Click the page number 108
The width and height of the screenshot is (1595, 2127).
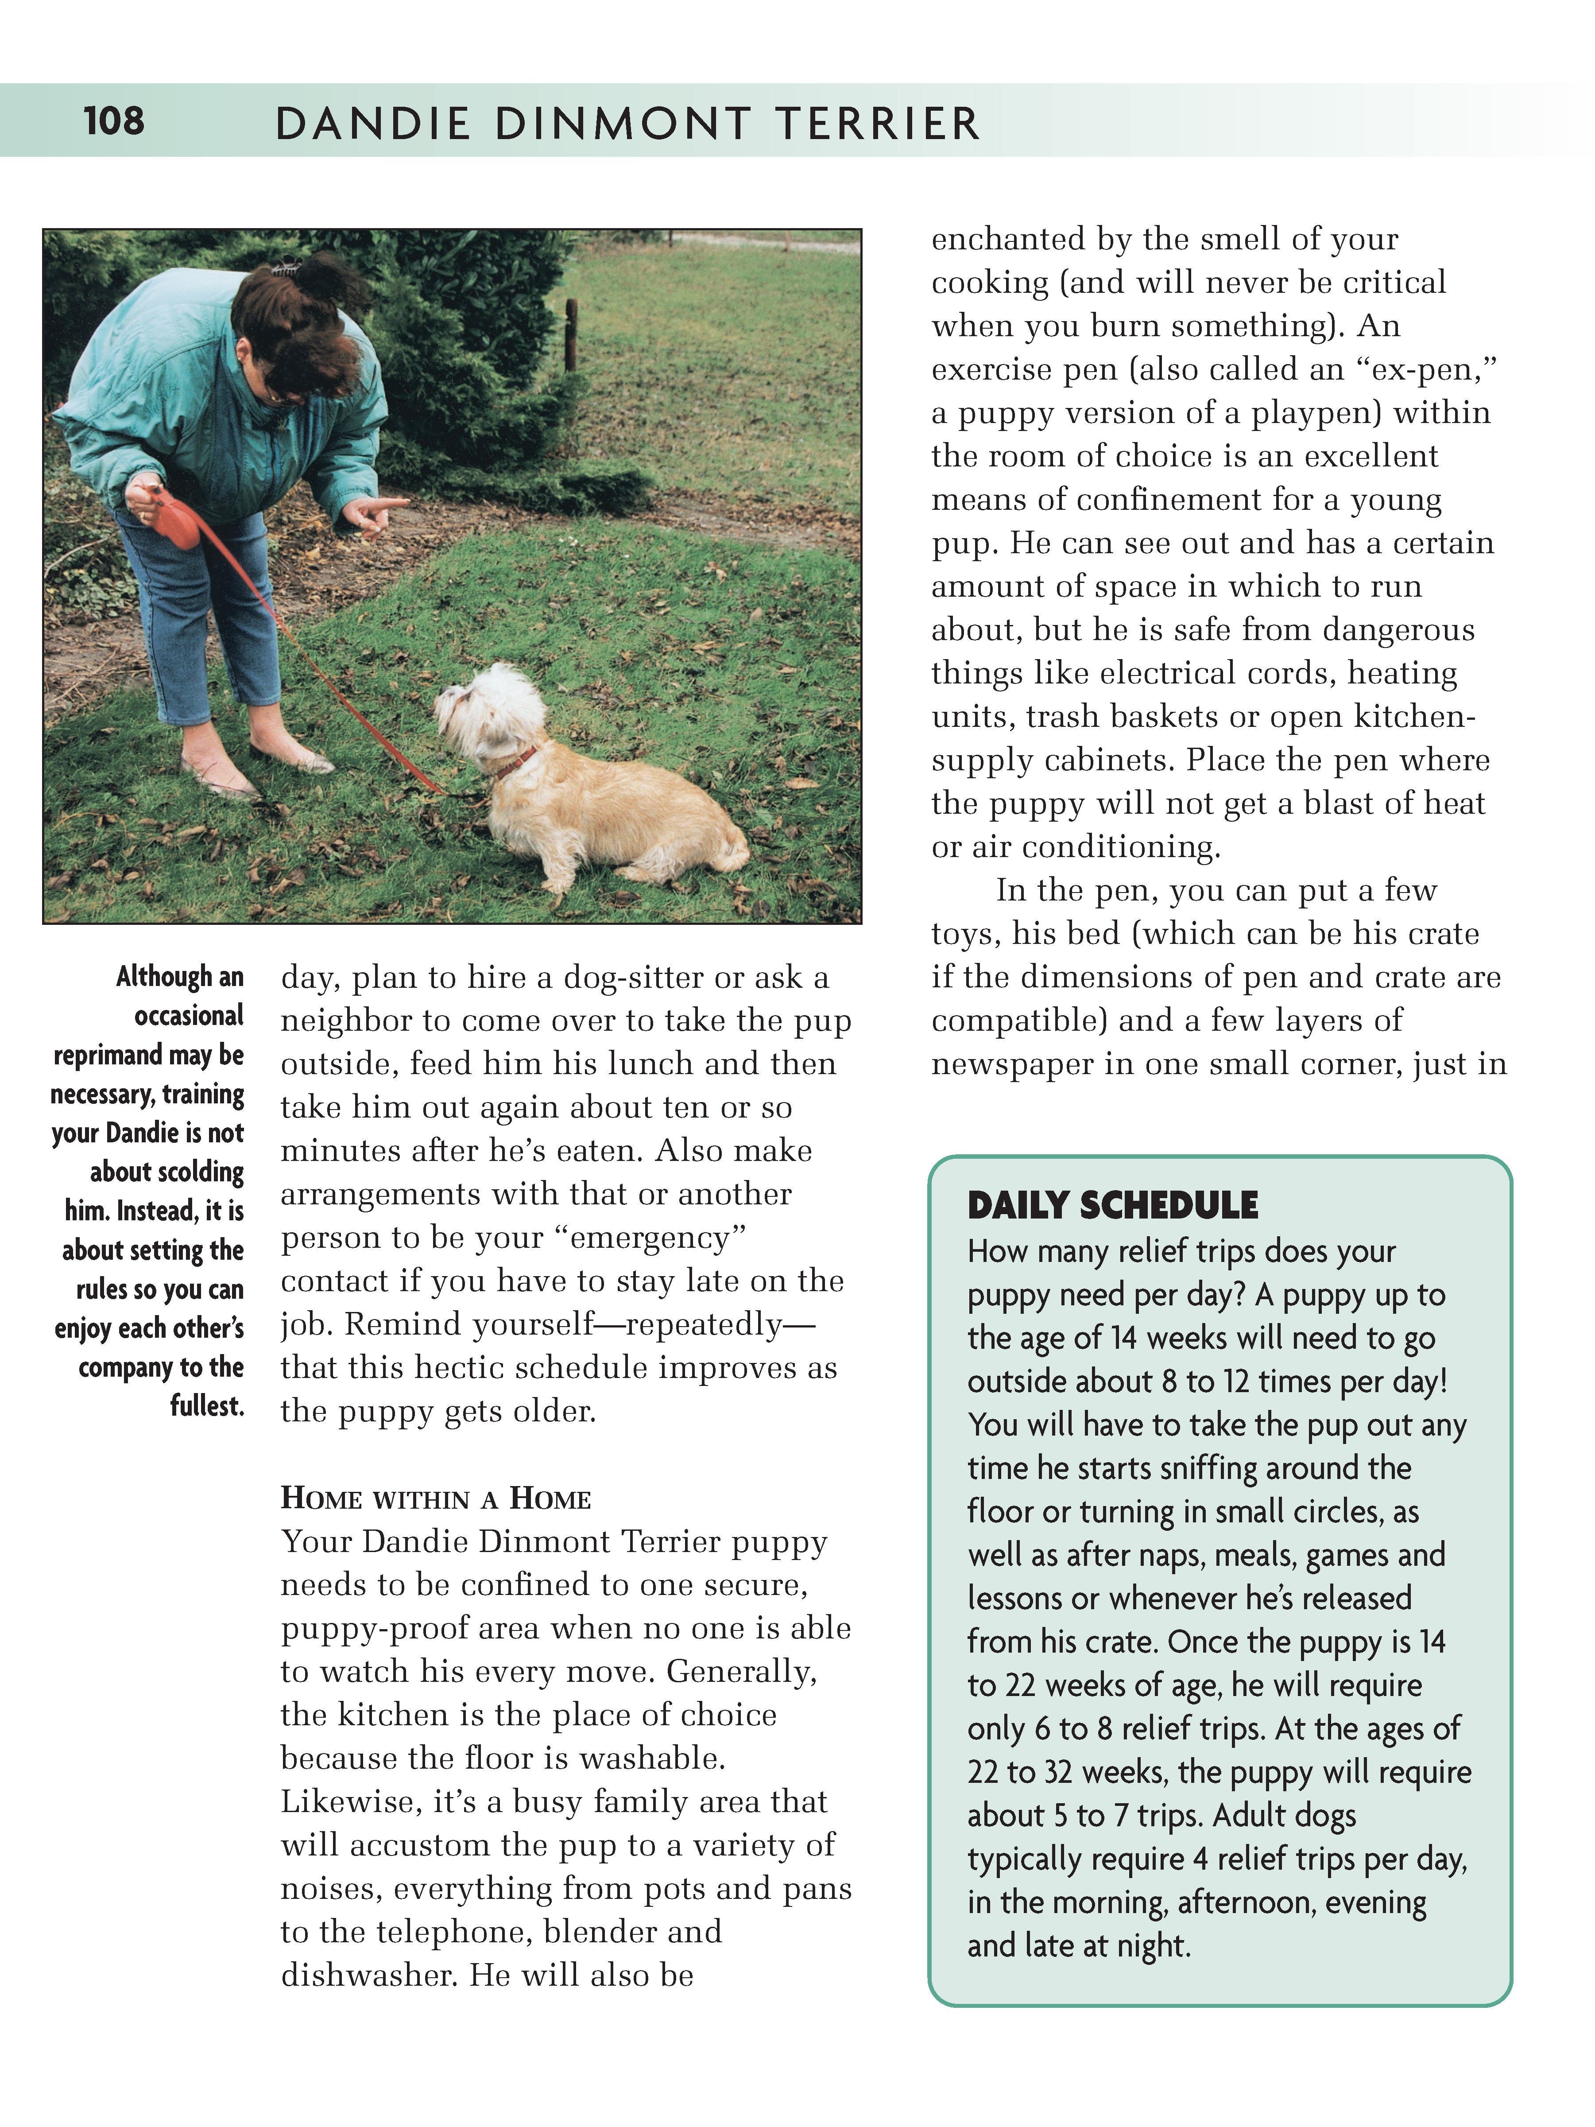(113, 121)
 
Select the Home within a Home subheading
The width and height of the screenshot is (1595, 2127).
(436, 1499)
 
